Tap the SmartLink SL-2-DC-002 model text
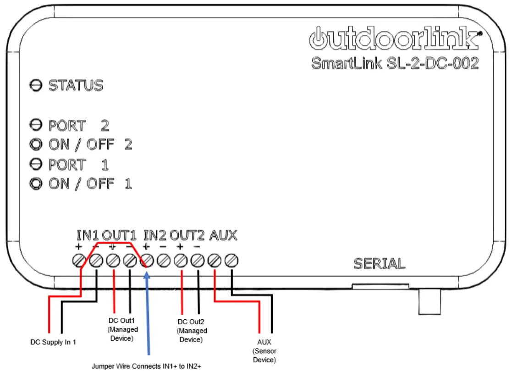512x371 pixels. (x=395, y=63)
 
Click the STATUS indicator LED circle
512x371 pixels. (x=35, y=86)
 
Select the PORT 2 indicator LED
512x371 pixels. (x=35, y=125)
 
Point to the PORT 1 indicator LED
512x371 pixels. (x=35, y=164)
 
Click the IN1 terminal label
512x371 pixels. (x=88, y=236)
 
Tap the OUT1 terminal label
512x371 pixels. (x=120, y=236)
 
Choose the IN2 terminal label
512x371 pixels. (x=155, y=236)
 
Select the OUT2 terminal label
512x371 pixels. (x=187, y=236)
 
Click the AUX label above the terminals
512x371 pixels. (x=224, y=236)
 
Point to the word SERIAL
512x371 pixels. (x=380, y=264)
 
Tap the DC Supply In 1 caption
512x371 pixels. (x=53, y=342)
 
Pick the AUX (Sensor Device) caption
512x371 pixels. (x=264, y=351)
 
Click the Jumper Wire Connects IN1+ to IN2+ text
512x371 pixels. (x=147, y=366)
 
